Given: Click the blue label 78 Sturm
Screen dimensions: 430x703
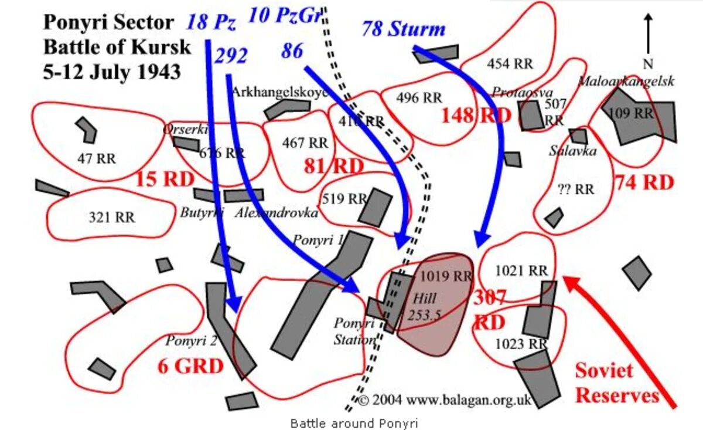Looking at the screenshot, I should (403, 29).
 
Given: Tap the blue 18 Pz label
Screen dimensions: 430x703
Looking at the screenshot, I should (211, 23).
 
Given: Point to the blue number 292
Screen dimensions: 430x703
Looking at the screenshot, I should (231, 57).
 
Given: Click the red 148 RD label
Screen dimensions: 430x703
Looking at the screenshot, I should (476, 115).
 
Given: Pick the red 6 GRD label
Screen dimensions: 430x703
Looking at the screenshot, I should (190, 367).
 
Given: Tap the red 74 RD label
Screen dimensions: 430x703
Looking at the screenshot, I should (644, 183).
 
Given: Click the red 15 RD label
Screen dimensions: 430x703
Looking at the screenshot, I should (165, 179).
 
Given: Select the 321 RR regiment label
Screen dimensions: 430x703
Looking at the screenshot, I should (111, 218).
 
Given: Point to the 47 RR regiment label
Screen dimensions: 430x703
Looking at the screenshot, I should (97, 158).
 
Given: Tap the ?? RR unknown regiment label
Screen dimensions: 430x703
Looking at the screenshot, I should (576, 189).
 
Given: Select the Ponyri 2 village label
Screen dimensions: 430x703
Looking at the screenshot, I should (191, 341).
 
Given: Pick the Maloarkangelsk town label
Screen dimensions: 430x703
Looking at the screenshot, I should (626, 81).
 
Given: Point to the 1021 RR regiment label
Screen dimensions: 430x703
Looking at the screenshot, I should (521, 271).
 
